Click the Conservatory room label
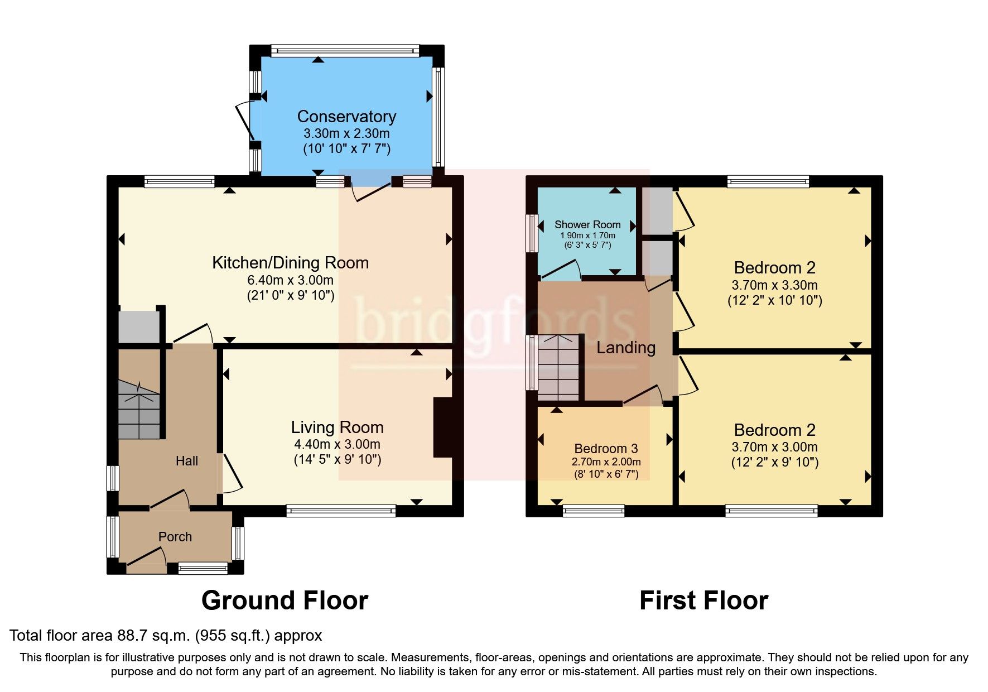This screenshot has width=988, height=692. click(x=346, y=116)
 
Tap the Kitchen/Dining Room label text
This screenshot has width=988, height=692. click(x=290, y=262)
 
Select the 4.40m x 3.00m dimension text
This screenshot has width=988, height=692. click(x=337, y=444)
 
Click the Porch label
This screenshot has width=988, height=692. click(x=175, y=536)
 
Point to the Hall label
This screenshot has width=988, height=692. click(x=187, y=460)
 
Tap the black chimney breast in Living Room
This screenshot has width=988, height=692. click(x=442, y=427)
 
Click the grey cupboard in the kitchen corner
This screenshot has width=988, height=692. click(x=138, y=326)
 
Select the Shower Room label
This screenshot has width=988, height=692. click(x=587, y=224)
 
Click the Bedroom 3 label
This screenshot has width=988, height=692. click(x=606, y=448)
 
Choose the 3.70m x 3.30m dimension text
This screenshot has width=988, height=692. click(x=774, y=285)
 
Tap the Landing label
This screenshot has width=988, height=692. click(x=626, y=348)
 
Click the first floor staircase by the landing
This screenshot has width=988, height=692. click(x=558, y=367)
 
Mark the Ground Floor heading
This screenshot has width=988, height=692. click(x=285, y=600)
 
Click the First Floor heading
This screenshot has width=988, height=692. click(x=703, y=600)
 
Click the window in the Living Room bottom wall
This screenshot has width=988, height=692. click(x=341, y=510)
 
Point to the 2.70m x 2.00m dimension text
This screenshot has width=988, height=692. click(x=606, y=462)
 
